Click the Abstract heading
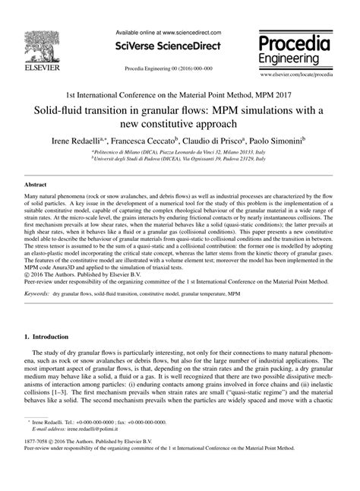[x=36, y=185]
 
